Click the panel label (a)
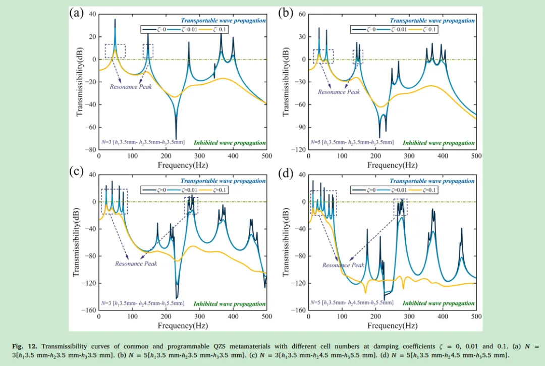[76, 13]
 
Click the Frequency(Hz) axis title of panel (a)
[182, 165]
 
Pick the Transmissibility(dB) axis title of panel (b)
[287, 82]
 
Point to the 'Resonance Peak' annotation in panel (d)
[343, 265]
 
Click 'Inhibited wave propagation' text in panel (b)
[439, 143]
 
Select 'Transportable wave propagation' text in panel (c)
[223, 181]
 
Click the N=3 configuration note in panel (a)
[143, 143]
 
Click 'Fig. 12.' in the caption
[26, 346]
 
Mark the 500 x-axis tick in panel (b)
[476, 156]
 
